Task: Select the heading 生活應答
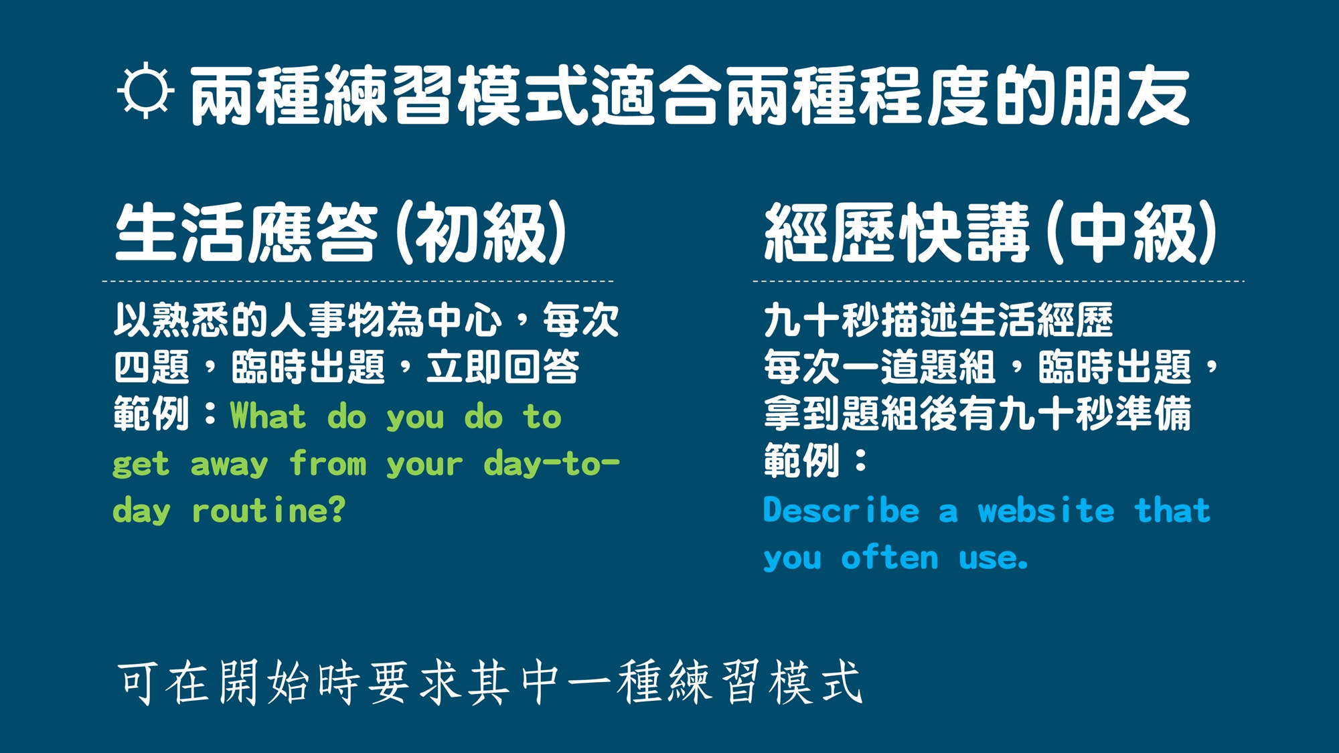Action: pyautogui.click(x=246, y=232)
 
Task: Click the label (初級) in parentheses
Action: pyautogui.click(x=481, y=232)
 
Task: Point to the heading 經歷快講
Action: pyautogui.click(x=896, y=232)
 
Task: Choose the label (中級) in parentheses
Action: pyautogui.click(x=1131, y=232)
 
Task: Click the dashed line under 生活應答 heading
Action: pyautogui.click(x=358, y=281)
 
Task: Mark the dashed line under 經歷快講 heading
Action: pyautogui.click(x=998, y=281)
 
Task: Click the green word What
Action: pyautogui.click(x=268, y=416)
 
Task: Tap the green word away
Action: pyautogui.click(x=229, y=463)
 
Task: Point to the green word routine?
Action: pyautogui.click(x=268, y=510)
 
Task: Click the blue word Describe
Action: pyautogui.click(x=842, y=510)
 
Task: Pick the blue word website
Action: pyautogui.click(x=1046, y=510)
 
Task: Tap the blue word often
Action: pyautogui.click(x=890, y=557)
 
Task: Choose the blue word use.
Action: pyautogui.click(x=993, y=558)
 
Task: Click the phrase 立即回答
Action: pyautogui.click(x=503, y=367)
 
